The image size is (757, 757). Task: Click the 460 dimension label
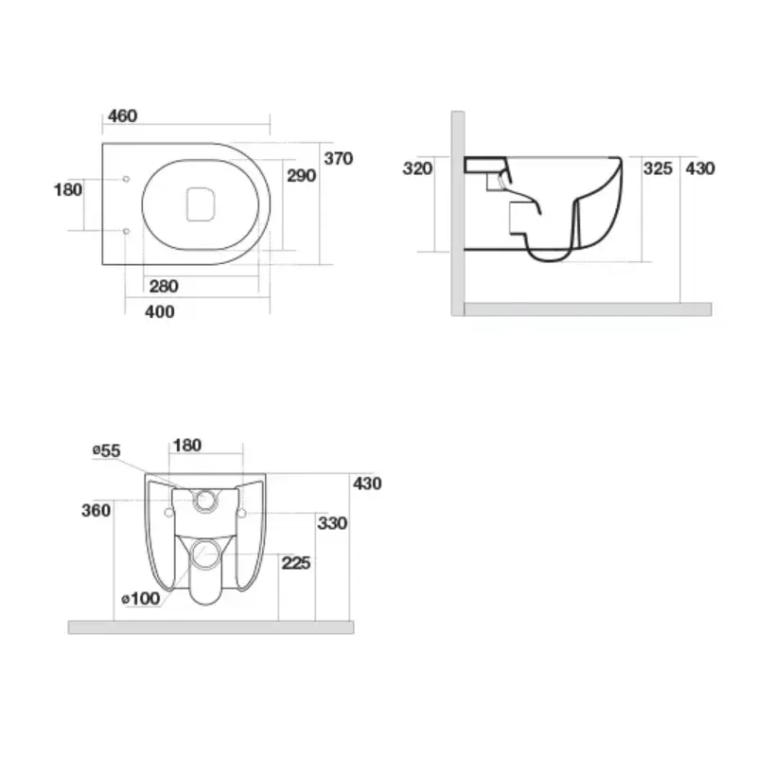point(123,115)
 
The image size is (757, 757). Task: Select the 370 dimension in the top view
point(339,158)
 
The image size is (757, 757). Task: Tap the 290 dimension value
point(301,175)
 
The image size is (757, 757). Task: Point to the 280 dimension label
point(164,287)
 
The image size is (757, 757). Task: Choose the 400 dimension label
point(160,312)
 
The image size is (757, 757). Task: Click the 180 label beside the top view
point(68,190)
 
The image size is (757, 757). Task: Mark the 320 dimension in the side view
point(417,168)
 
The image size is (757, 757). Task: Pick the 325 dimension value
point(658,168)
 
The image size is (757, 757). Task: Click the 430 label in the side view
point(700,168)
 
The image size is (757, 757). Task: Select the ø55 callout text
point(106,450)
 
